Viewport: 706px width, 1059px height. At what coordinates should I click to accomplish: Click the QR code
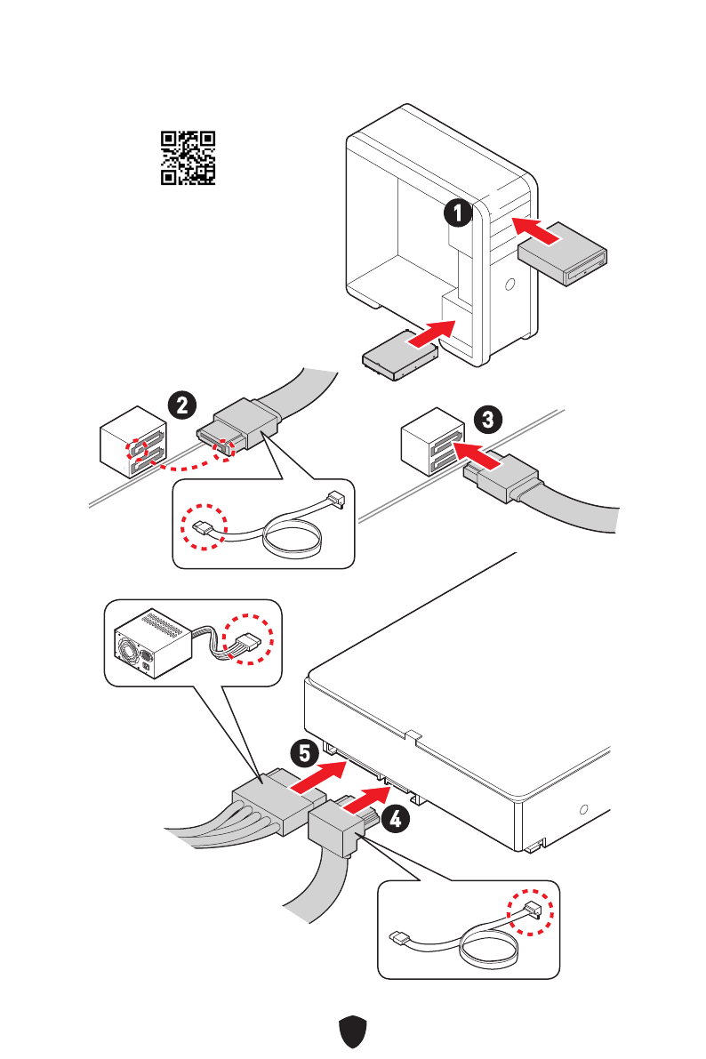pos(188,158)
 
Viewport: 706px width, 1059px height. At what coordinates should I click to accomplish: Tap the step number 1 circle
pos(458,213)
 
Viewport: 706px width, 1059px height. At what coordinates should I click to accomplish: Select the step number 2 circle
pos(182,405)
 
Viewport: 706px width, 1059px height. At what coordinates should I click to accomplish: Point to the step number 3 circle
pos(488,419)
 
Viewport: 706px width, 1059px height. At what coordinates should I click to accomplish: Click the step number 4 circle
pos(395,819)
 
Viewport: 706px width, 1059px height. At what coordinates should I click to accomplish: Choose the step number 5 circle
pos(305,753)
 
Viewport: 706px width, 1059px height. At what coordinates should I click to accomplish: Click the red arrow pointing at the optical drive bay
pos(536,229)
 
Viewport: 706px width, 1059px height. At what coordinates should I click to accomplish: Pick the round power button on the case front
pos(510,285)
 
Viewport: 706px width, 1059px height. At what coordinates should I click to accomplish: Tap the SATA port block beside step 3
pos(432,443)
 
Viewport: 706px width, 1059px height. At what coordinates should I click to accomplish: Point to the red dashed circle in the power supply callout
pos(249,638)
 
